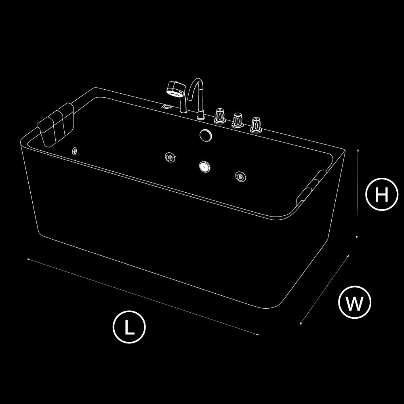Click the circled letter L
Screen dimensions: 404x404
point(129,327)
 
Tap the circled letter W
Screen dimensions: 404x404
point(355,302)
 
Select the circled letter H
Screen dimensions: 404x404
point(382,194)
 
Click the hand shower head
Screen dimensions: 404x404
point(176,89)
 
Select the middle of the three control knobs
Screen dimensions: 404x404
point(238,120)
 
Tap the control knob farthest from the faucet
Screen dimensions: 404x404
point(256,125)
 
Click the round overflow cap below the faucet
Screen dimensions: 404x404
point(206,135)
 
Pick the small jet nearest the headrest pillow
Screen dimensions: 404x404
point(74,151)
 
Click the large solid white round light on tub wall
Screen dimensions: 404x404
point(205,166)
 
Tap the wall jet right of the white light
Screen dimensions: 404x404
point(240,177)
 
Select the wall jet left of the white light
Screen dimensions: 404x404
point(170,157)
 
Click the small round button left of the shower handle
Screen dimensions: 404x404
point(167,106)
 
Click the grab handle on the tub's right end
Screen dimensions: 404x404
point(311,187)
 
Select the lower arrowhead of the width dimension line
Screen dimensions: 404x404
point(301,323)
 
